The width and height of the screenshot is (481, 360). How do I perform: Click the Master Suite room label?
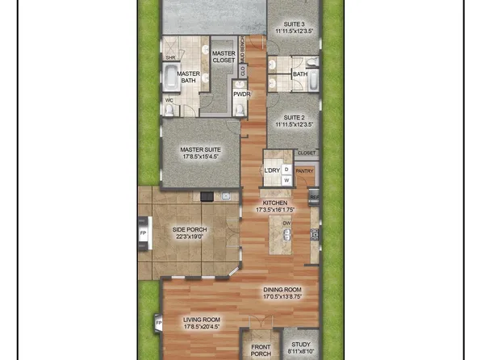click(x=200, y=149)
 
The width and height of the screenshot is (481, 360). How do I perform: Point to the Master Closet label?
click(x=224, y=57)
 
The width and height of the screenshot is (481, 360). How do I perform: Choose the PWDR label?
click(x=241, y=94)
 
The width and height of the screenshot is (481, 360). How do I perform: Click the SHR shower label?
click(x=170, y=58)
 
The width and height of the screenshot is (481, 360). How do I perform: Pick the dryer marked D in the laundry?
click(x=286, y=170)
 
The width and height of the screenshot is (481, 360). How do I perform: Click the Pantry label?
click(x=304, y=170)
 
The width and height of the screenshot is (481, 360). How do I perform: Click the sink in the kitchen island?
click(x=287, y=236)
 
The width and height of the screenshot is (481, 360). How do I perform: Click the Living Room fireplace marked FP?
click(x=159, y=324)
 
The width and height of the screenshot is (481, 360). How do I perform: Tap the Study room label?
click(x=299, y=343)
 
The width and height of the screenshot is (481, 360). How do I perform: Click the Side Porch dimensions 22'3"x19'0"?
click(x=190, y=237)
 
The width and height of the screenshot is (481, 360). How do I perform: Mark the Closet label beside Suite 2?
click(x=307, y=153)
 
